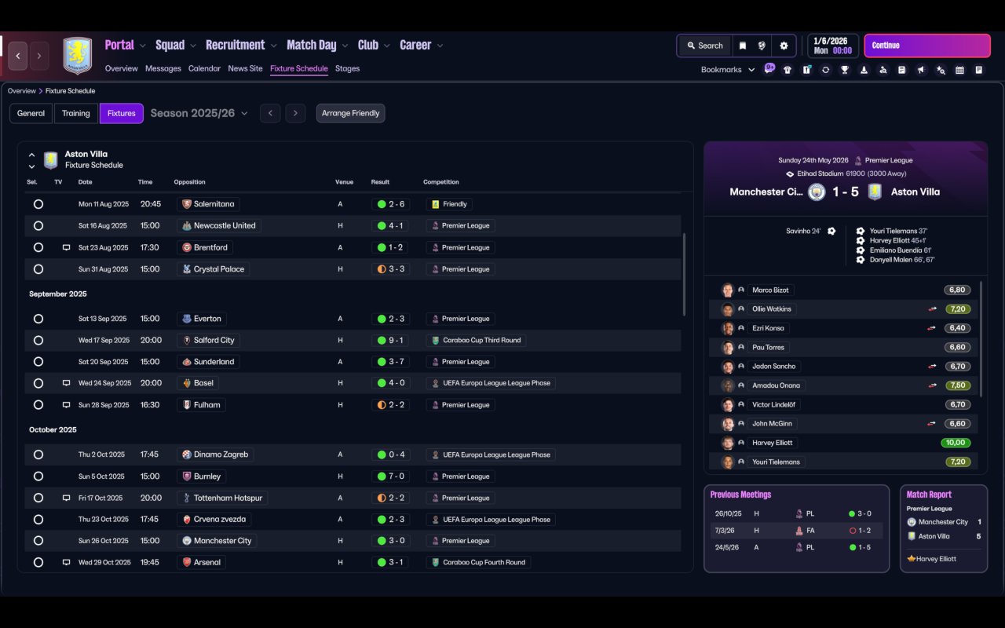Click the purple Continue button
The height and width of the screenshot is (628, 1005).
pos(927,46)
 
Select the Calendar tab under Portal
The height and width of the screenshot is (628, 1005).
pos(204,68)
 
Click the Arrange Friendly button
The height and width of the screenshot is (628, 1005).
pos(350,113)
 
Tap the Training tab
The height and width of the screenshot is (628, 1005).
pos(76,113)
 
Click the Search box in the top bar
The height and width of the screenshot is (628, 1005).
pos(705,46)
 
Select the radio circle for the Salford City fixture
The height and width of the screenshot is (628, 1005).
pos(38,341)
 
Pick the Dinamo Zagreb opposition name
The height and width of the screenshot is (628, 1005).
pos(221,455)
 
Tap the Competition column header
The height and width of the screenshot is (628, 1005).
pos(440,182)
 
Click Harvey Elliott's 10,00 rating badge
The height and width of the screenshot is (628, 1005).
pos(956,443)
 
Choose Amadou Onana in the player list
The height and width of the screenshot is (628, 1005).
pos(776,385)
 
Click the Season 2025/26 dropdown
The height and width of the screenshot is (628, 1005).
pos(199,113)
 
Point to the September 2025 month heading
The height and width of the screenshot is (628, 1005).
pos(58,294)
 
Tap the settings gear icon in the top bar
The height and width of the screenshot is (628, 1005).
pos(784,46)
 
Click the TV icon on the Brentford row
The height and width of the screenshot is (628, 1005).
pos(66,247)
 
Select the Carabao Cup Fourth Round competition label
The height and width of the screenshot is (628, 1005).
pos(484,563)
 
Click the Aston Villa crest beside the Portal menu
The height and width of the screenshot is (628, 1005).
pos(78,55)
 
